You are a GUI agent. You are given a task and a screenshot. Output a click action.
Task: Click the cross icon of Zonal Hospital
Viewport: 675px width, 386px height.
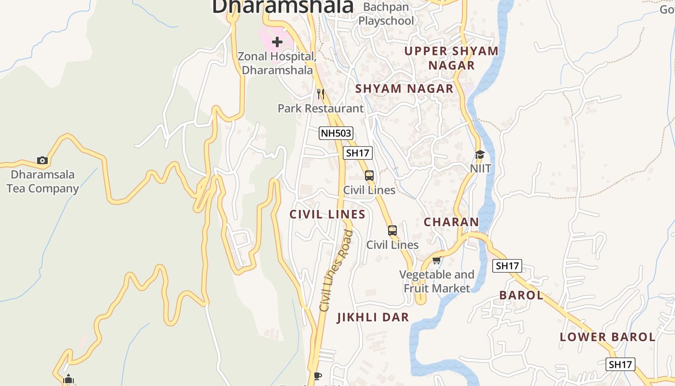click(x=277, y=42)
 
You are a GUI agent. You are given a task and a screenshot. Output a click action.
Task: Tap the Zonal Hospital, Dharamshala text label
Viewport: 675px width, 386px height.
click(x=277, y=63)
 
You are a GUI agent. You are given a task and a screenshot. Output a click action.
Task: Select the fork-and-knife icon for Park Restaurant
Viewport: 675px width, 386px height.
click(x=321, y=94)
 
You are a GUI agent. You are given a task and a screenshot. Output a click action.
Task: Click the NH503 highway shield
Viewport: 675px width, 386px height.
click(x=336, y=133)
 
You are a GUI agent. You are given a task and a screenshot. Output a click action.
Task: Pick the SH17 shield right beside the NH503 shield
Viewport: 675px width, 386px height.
click(x=358, y=153)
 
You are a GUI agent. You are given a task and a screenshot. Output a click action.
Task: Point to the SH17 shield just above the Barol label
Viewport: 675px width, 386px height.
click(x=507, y=265)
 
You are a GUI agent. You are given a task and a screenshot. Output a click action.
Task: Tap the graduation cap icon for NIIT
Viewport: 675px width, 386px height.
click(x=480, y=154)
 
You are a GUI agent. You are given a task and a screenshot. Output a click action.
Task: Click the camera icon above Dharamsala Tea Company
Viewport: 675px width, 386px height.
click(x=42, y=160)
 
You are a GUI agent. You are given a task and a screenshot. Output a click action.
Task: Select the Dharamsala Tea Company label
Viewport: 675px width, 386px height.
click(x=42, y=181)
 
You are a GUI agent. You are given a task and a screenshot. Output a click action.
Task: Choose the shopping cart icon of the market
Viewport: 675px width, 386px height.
click(x=436, y=261)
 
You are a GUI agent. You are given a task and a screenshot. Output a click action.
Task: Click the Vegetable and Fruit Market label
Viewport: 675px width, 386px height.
click(x=437, y=281)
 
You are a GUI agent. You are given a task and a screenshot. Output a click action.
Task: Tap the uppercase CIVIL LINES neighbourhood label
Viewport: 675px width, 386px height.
click(x=327, y=214)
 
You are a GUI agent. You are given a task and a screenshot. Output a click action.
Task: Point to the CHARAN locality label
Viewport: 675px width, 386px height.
click(x=451, y=222)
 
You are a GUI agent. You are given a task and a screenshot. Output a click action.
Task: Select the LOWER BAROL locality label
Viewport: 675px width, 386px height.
click(x=607, y=337)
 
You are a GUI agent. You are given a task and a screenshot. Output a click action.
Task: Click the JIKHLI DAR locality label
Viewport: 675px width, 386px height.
click(x=373, y=317)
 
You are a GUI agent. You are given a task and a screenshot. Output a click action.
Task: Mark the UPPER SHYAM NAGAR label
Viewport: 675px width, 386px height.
click(x=452, y=58)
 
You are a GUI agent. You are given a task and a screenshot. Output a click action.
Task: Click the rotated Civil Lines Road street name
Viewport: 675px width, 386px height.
click(x=337, y=270)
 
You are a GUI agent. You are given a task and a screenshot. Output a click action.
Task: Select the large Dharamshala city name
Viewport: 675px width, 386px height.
click(x=283, y=6)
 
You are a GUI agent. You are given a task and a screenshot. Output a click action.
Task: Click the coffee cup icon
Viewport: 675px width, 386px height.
click(x=317, y=375)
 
